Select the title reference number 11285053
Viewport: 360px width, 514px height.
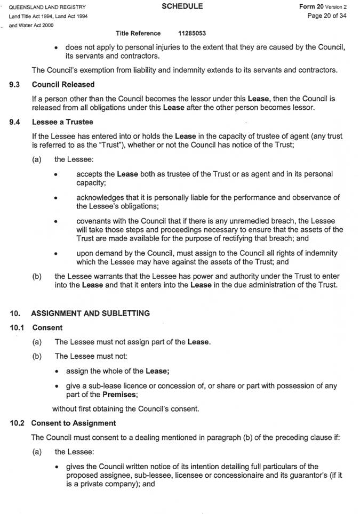192,33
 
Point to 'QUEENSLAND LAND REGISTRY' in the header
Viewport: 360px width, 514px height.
47,7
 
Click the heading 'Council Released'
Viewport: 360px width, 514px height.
63,84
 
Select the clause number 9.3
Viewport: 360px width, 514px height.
15,84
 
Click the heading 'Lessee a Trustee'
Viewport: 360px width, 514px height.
62,122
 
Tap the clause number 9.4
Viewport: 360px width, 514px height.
15,122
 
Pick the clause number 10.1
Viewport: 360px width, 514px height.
17,327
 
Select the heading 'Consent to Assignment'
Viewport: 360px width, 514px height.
73,423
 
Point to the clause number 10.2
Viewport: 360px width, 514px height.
17,423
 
